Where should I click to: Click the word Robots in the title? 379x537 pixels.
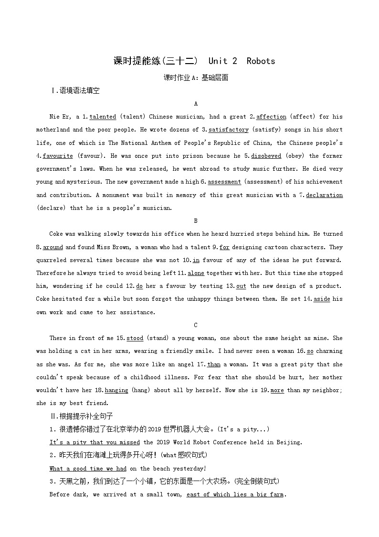261,61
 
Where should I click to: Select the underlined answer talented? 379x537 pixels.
103,117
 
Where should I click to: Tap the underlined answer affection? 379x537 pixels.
271,117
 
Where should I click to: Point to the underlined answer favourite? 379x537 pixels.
58,156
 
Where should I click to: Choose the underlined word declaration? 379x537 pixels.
324,195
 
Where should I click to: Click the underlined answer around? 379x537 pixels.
53,247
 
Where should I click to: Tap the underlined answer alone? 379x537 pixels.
196,273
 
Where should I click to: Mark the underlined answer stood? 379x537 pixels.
135,338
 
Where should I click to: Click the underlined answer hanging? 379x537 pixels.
116,390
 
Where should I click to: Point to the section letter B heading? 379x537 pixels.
196,221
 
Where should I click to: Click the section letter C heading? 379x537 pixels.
196,325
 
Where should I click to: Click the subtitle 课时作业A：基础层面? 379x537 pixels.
196,77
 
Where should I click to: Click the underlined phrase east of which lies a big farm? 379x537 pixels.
235,494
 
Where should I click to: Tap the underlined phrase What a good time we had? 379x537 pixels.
88,469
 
